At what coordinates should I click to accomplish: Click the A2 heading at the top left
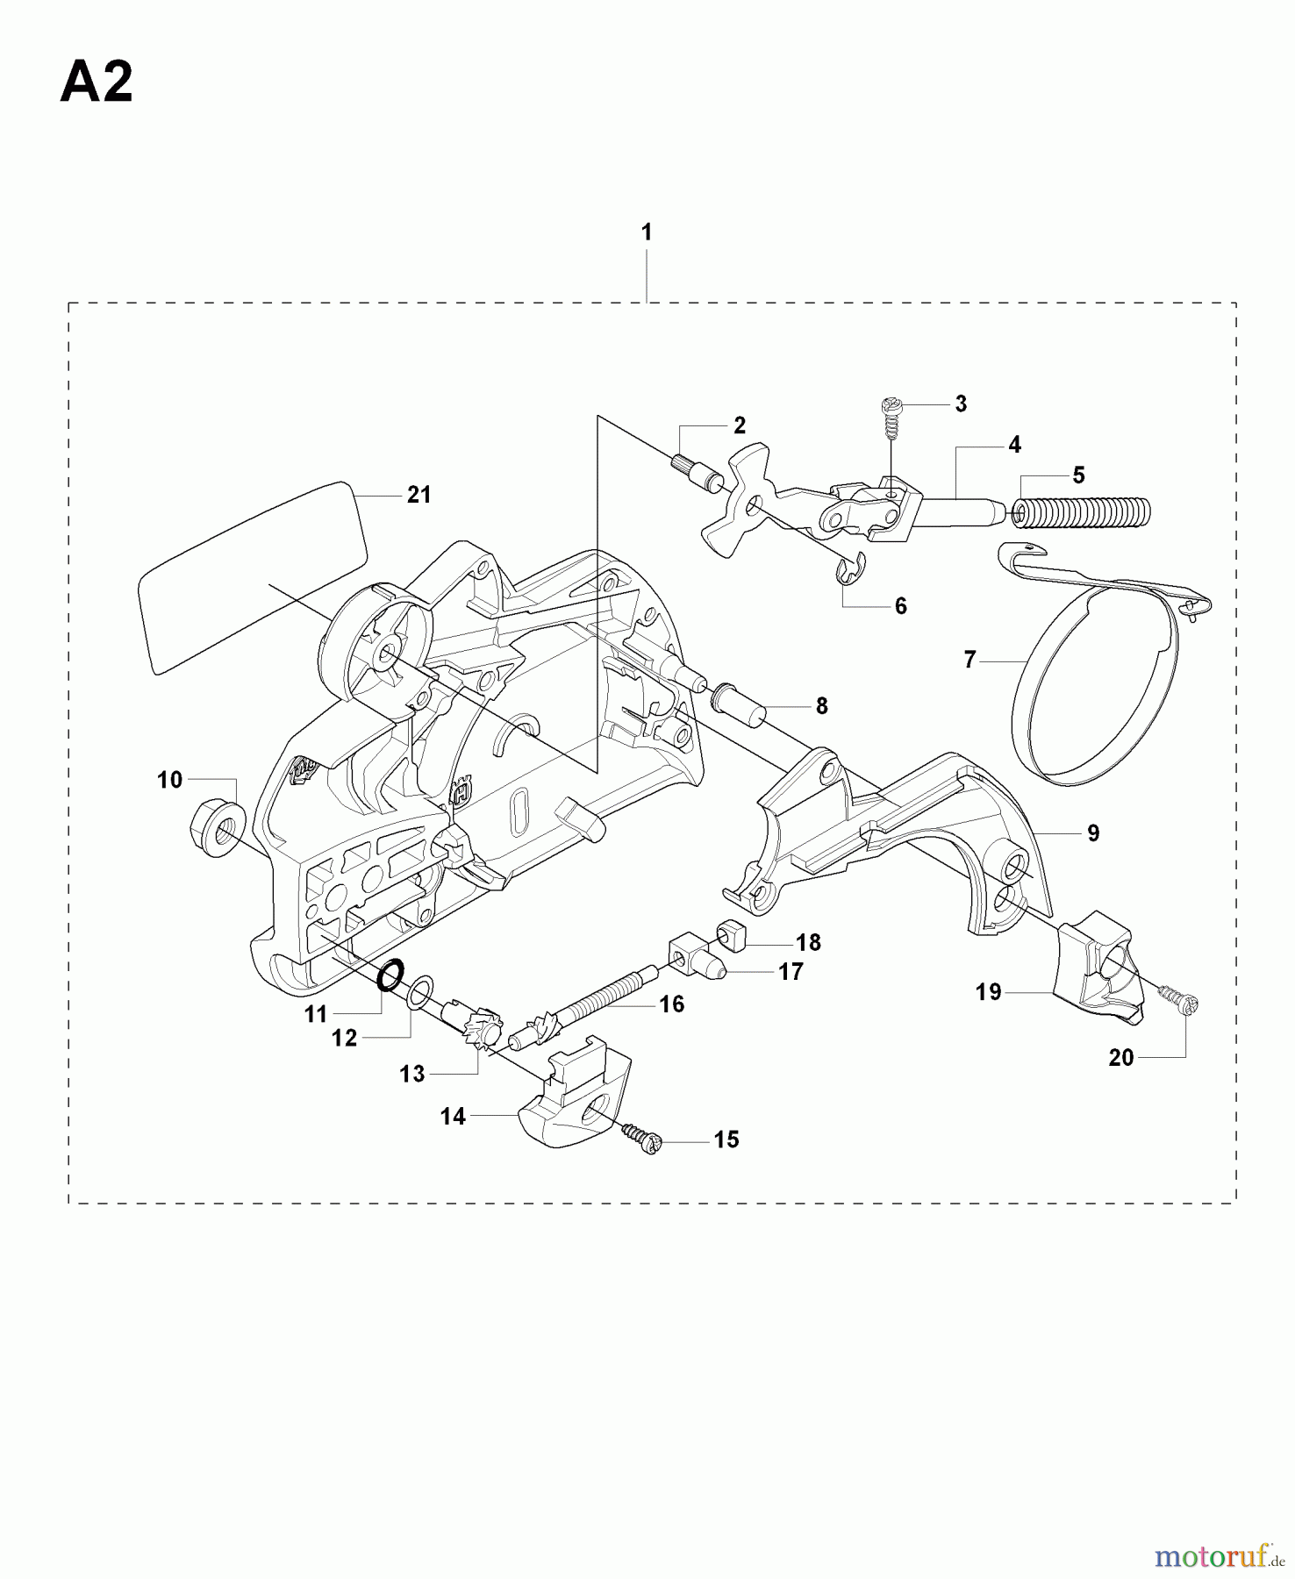click(x=97, y=84)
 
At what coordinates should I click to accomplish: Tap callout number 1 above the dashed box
click(x=647, y=232)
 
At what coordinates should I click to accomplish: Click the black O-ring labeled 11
click(x=390, y=975)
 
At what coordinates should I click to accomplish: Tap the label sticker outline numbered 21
click(x=252, y=577)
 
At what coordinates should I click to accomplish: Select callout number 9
click(x=1093, y=833)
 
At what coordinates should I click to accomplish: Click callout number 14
click(x=453, y=1117)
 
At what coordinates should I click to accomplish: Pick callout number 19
click(x=989, y=992)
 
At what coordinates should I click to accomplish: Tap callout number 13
click(x=412, y=1074)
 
